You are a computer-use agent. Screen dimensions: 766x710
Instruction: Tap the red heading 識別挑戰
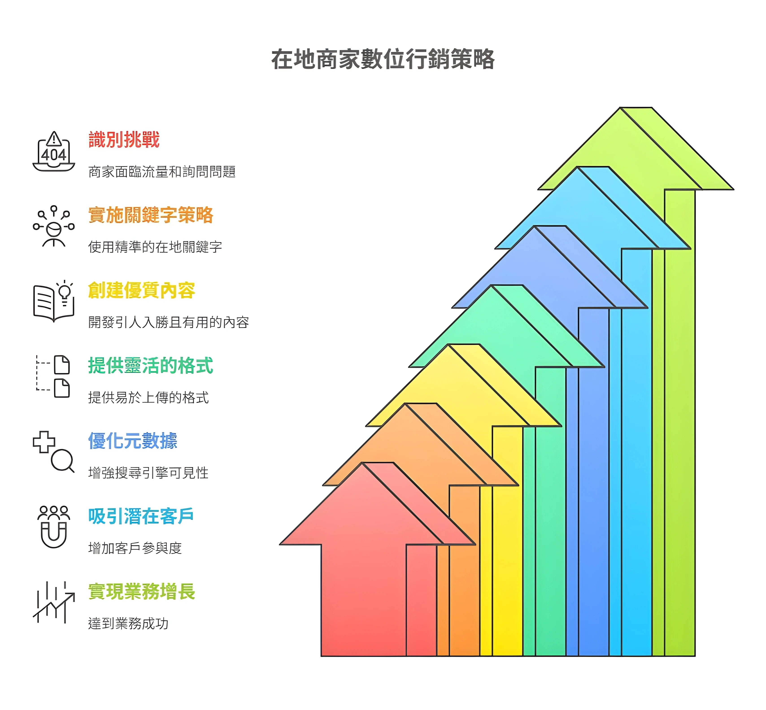pyautogui.click(x=124, y=139)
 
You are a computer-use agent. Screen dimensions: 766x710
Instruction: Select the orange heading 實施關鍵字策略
pyautogui.click(x=151, y=215)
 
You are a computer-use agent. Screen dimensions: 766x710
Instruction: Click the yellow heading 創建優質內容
pyautogui.click(x=141, y=290)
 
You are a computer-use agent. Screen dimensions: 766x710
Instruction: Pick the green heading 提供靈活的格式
pyautogui.click(x=151, y=365)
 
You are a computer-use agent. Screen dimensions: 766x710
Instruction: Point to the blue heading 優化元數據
pyautogui.click(x=133, y=441)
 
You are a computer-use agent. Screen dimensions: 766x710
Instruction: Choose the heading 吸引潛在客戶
pyautogui.click(x=141, y=516)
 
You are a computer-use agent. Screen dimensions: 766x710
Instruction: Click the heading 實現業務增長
pyautogui.click(x=141, y=591)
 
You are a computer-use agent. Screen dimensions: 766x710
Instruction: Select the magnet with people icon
pyautogui.click(x=54, y=527)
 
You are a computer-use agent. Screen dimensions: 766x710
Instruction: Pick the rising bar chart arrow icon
pyautogui.click(x=54, y=602)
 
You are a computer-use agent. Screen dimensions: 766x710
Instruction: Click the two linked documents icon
pyautogui.click(x=53, y=377)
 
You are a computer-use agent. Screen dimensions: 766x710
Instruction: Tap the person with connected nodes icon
pyautogui.click(x=54, y=226)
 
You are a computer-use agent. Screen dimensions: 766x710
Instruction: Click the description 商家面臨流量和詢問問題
pyautogui.click(x=162, y=172)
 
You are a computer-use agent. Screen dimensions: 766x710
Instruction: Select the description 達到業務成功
pyautogui.click(x=128, y=623)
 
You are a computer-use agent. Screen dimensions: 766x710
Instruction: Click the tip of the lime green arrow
pyautogui.click(x=620, y=108)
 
